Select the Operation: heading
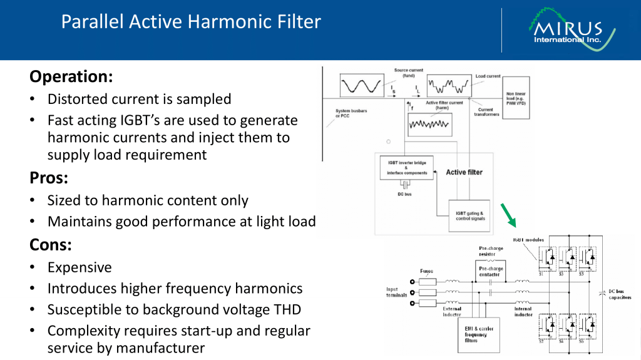(x=71, y=76)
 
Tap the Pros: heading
(x=49, y=178)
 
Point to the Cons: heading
(x=50, y=245)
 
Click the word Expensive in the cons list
(x=79, y=267)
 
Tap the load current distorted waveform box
(x=449, y=85)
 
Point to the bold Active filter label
(x=464, y=172)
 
